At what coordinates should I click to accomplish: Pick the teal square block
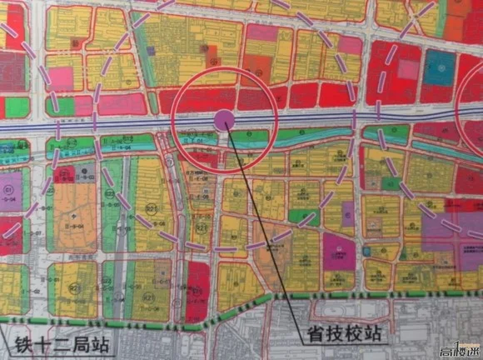coord(438,68)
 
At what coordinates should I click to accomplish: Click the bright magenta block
coord(339,251)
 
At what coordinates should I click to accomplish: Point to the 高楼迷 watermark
coord(460,350)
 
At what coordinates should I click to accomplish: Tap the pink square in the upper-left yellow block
coord(61,79)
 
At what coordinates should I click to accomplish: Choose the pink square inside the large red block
coord(406,69)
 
